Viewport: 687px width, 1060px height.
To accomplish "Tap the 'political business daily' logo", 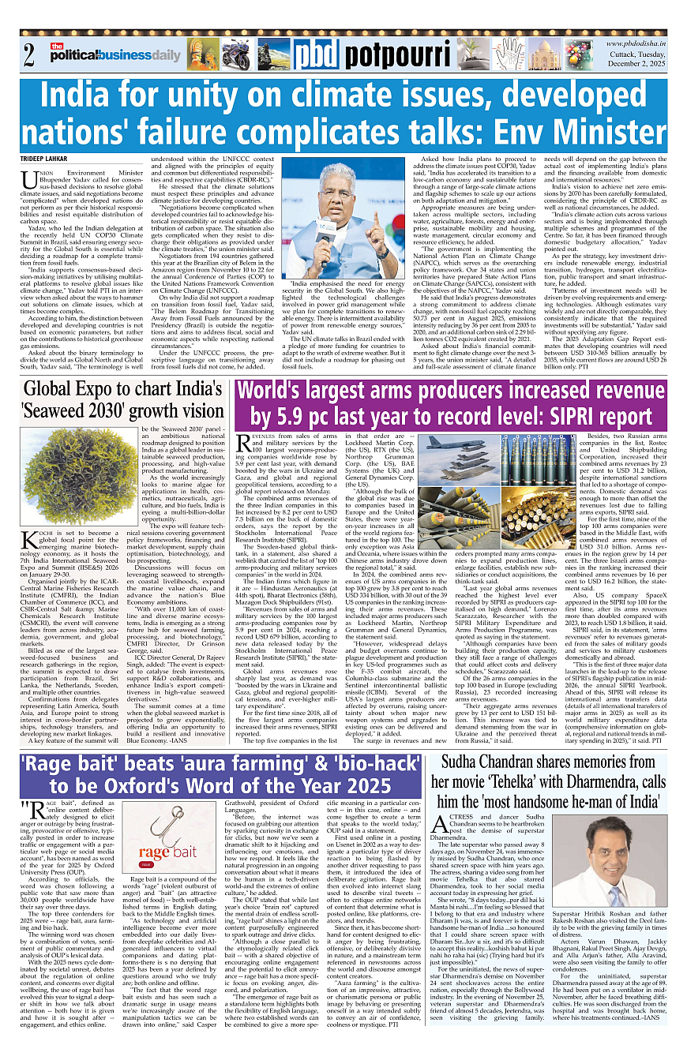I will coord(114,53).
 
